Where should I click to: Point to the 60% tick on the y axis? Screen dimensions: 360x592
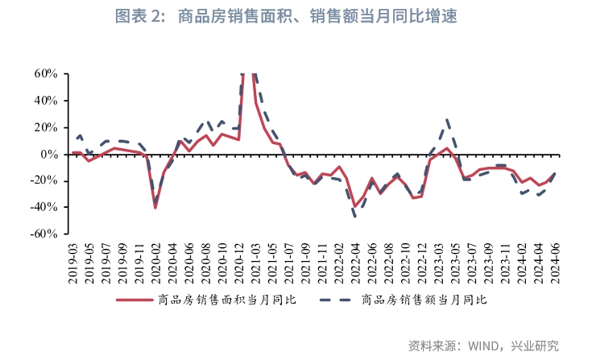pyautogui.click(x=45, y=74)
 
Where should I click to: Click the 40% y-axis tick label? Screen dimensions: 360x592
pyautogui.click(x=45, y=101)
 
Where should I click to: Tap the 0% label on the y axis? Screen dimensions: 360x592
pyautogui.click(x=49, y=154)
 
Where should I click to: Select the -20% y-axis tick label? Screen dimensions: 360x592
pyautogui.click(x=43, y=180)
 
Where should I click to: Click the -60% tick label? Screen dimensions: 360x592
pyautogui.click(x=43, y=234)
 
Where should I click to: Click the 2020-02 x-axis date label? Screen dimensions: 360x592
pyautogui.click(x=155, y=260)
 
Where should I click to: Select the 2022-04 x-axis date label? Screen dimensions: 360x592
pyautogui.click(x=355, y=260)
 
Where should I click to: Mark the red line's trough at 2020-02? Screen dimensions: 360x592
pyautogui.click(x=155, y=208)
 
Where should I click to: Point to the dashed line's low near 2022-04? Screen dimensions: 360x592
pyautogui.click(x=355, y=216)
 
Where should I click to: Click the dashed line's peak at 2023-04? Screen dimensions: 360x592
pyautogui.click(x=448, y=119)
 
